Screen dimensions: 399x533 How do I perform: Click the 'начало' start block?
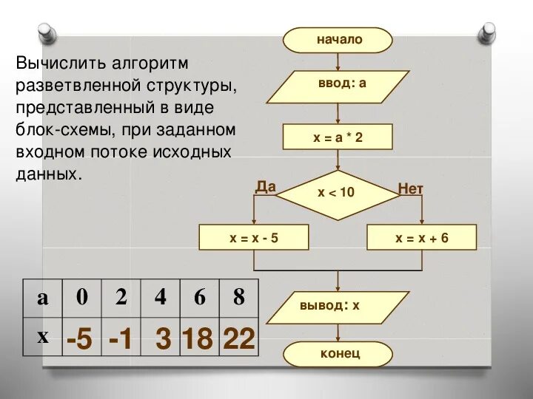[339, 40]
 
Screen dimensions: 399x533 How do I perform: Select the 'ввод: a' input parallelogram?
[338, 83]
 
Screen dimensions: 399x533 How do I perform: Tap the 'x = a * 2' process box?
[338, 137]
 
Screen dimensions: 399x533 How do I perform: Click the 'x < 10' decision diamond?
[338, 193]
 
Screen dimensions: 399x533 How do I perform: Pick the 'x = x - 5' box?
[254, 238]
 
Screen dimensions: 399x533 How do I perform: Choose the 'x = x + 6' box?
[422, 238]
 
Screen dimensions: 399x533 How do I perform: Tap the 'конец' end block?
[340, 354]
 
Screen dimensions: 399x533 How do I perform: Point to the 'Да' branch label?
[266, 187]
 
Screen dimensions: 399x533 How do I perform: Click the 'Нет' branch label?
[411, 189]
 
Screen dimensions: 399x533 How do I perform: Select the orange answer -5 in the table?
[79, 340]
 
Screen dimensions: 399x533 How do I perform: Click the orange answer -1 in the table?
[120, 340]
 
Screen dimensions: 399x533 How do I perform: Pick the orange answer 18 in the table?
[198, 340]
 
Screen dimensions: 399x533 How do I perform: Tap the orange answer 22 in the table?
[238, 340]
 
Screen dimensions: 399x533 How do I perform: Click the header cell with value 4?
[161, 297]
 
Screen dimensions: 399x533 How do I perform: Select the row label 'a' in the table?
[43, 298]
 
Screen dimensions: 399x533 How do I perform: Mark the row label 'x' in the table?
[43, 336]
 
